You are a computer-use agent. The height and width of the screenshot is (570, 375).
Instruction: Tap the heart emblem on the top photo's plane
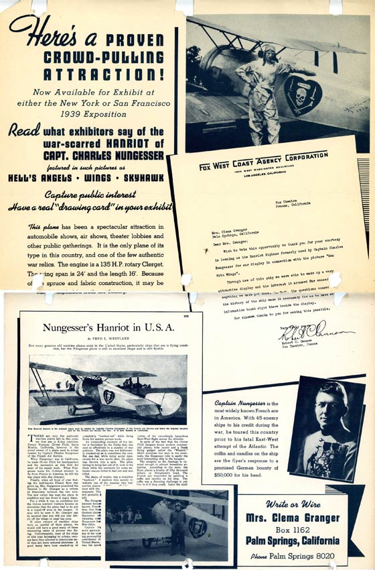(303, 93)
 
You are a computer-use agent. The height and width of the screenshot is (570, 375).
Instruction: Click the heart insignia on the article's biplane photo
(108, 396)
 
